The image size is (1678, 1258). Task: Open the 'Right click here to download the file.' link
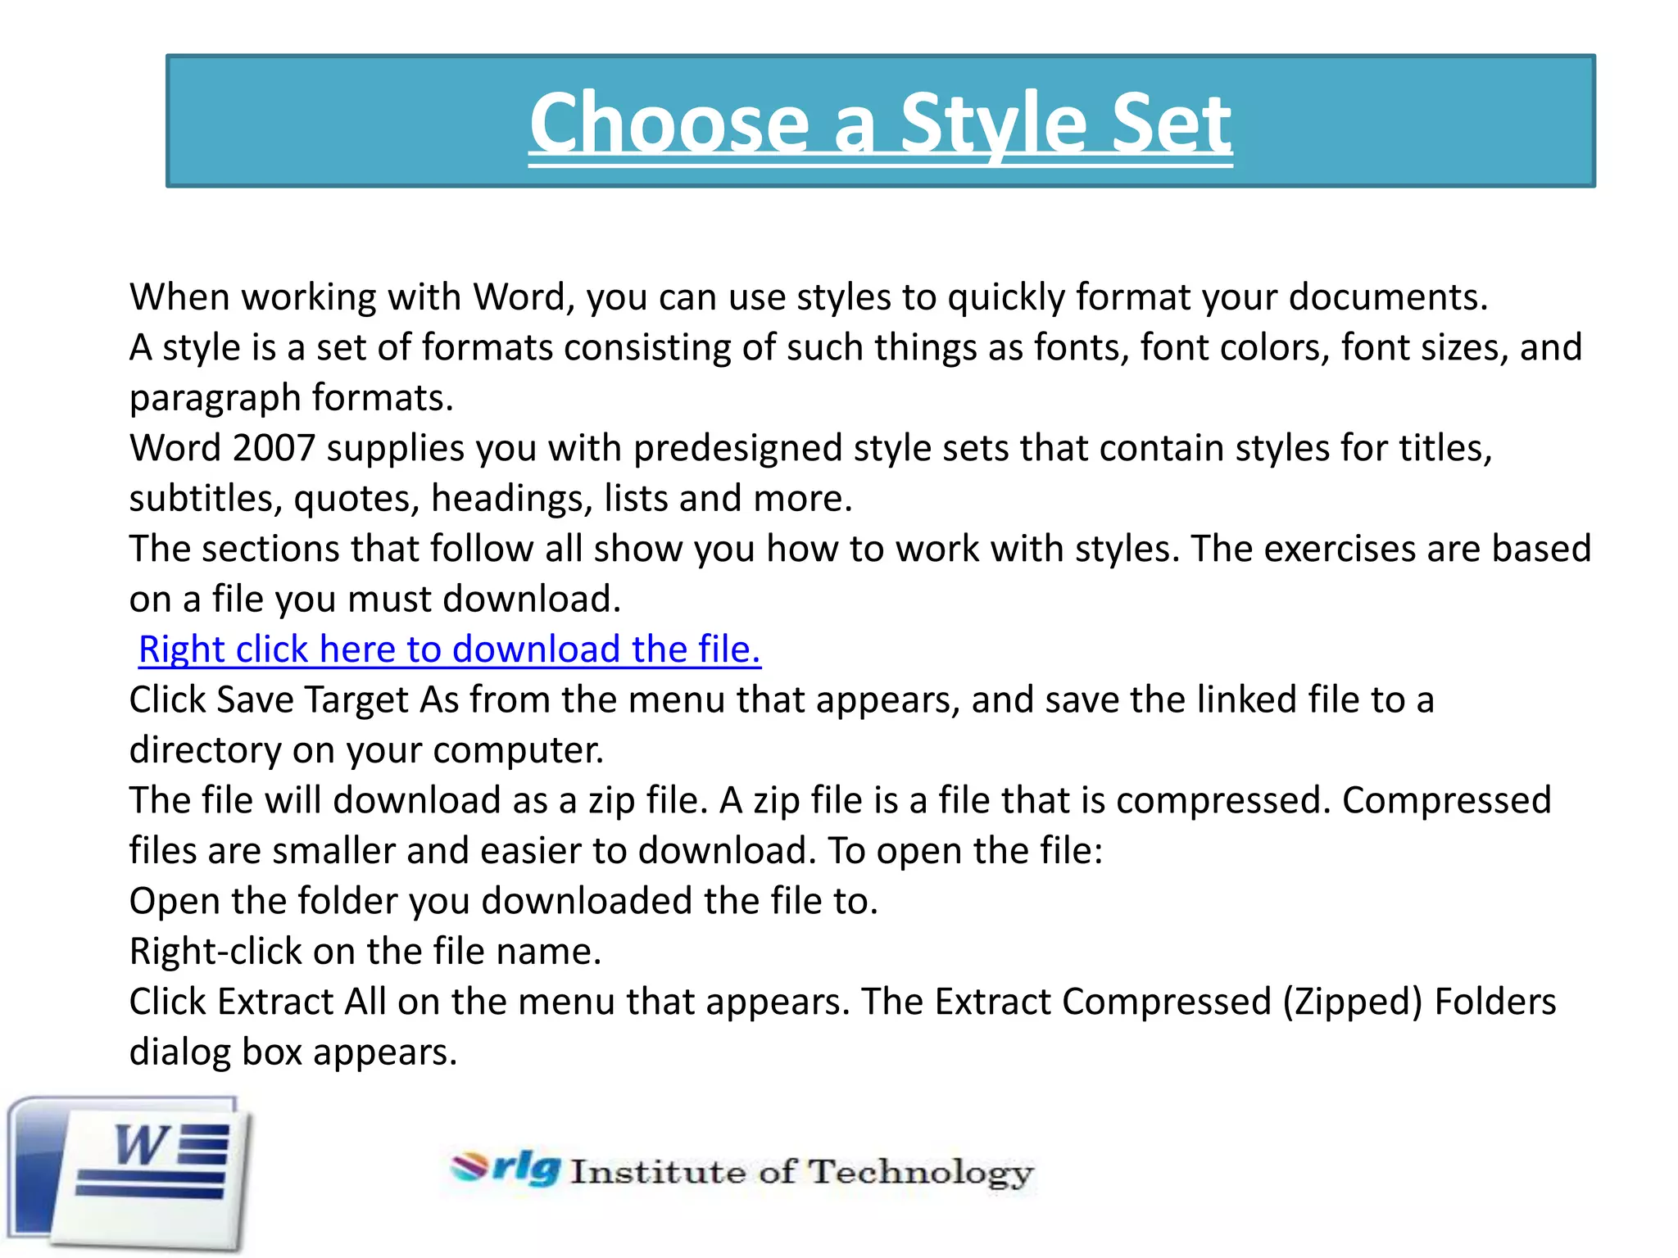coord(450,649)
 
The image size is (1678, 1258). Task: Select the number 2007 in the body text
coord(274,448)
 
